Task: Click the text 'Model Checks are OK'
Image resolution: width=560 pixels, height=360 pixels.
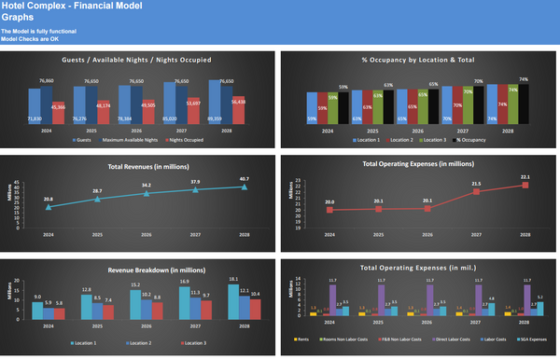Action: (30, 38)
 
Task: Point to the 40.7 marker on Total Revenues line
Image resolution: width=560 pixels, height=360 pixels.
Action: (244, 187)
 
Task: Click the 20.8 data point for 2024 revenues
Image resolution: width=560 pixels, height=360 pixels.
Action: (48, 207)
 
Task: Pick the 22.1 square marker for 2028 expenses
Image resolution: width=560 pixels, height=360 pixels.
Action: (524, 185)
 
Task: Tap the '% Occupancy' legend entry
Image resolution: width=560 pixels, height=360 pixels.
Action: (475, 139)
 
